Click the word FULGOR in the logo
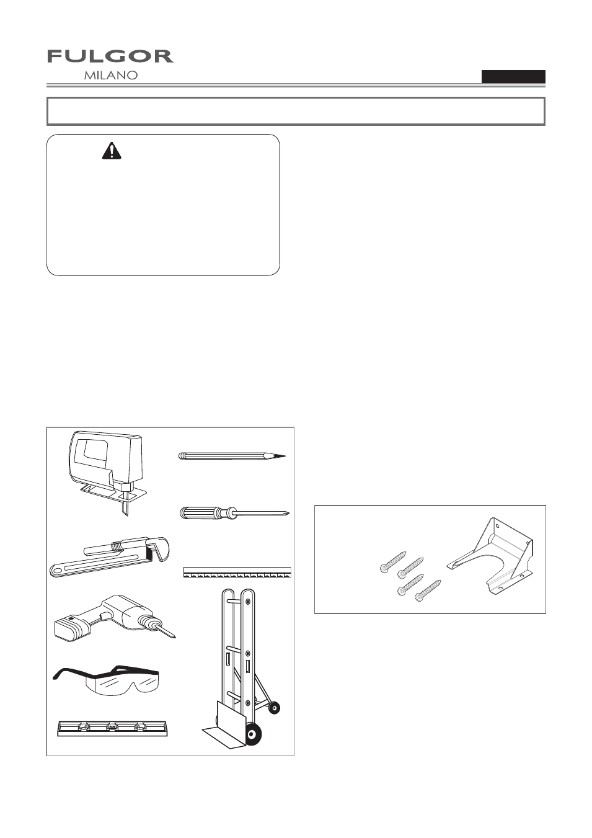coord(110,56)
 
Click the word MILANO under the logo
coord(111,75)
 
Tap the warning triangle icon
coord(112,151)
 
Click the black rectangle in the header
coord(513,76)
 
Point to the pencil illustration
coord(232,456)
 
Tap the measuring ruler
coord(237,573)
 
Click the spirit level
coord(113,728)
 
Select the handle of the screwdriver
coord(202,512)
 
